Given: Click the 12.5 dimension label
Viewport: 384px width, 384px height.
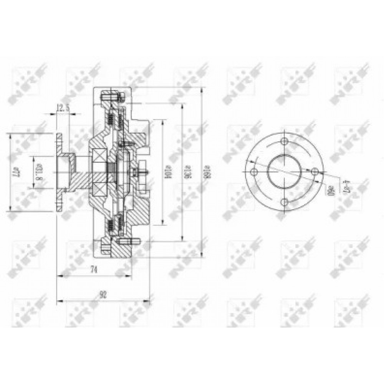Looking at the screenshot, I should (63, 109).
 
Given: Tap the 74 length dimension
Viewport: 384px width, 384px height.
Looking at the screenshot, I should (93, 270).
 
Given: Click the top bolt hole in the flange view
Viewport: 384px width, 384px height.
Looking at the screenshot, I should (285, 141).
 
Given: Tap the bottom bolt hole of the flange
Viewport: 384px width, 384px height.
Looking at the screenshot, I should (285, 202).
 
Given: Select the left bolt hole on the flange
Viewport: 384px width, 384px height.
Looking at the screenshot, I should (254, 172).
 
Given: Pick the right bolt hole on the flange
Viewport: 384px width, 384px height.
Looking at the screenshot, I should (315, 172).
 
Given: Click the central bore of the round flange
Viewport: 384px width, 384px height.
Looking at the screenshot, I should (285, 172).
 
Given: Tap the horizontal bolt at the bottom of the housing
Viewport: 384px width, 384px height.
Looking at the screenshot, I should (129, 242).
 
